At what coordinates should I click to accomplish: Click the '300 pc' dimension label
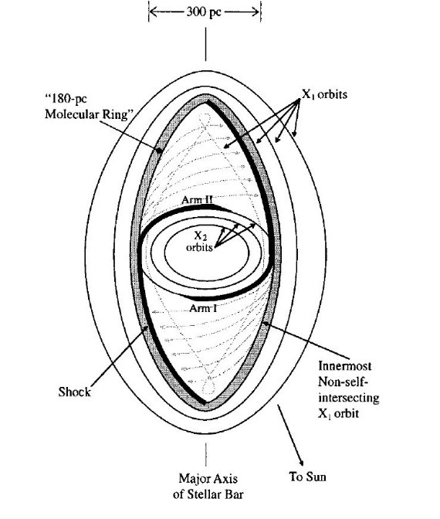point(204,12)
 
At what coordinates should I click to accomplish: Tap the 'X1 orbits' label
point(324,95)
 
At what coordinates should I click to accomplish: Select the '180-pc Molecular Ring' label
point(89,107)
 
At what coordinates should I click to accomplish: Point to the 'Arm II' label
point(197,200)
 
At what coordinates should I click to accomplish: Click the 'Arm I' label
point(203,308)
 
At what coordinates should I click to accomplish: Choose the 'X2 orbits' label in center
point(199,242)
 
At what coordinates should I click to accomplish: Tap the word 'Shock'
point(74,392)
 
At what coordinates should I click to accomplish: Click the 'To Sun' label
point(307,477)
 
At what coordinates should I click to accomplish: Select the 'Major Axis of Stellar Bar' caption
point(208,487)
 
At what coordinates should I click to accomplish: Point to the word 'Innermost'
point(345,366)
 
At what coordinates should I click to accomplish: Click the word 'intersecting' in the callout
point(349,398)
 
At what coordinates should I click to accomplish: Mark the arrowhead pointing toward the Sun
point(300,462)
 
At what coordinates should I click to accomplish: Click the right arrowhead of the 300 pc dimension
point(255,12)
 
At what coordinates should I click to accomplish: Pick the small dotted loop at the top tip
point(205,118)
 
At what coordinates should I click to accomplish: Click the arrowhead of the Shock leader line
point(146,328)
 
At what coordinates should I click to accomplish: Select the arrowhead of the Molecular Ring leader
point(159,150)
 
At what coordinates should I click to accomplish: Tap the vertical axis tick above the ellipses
point(206,44)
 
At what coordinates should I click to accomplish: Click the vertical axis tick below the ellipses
point(206,454)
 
